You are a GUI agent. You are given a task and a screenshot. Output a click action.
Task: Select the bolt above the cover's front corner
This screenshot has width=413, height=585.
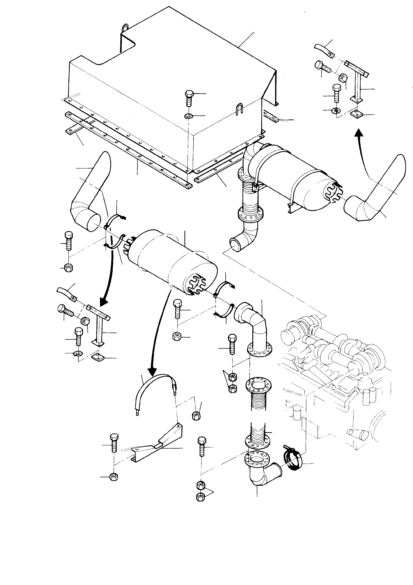pos(189,98)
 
